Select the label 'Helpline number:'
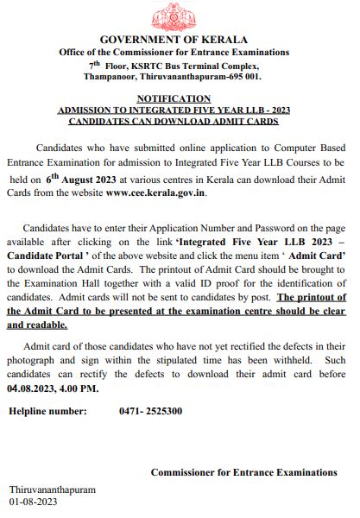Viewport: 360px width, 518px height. coord(49,412)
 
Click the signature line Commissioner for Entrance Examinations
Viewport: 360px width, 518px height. coord(243,472)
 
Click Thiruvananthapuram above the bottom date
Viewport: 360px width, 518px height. coord(53,489)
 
